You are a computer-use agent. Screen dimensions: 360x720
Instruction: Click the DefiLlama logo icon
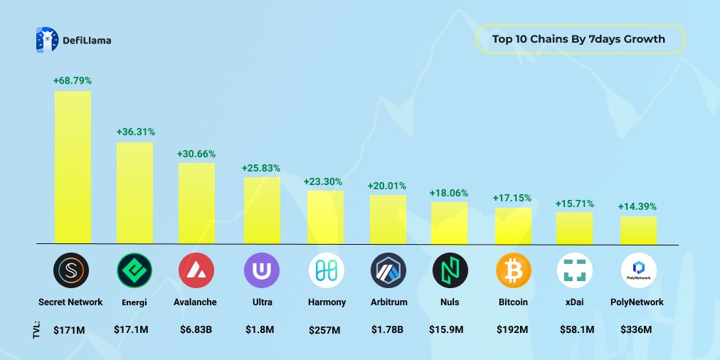click(46, 40)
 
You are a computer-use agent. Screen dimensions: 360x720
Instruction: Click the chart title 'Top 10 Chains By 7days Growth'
click(578, 39)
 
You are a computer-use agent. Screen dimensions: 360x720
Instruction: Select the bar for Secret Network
click(73, 166)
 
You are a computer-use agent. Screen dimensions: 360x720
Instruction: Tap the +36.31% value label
click(135, 132)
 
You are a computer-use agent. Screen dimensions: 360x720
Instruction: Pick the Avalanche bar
click(196, 203)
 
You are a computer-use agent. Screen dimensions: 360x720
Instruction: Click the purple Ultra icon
click(262, 270)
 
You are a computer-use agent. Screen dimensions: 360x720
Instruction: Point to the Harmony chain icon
click(326, 270)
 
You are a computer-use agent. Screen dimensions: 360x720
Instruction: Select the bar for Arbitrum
click(388, 218)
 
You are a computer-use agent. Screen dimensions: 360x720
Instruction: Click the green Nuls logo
click(450, 270)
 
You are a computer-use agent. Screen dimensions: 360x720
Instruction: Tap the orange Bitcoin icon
click(513, 270)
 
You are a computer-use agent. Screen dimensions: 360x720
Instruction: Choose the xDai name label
click(575, 302)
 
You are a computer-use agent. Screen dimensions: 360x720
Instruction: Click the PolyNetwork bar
click(638, 229)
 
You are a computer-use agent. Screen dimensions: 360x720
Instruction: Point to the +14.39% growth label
click(637, 206)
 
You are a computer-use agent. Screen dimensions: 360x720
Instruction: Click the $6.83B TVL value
click(195, 329)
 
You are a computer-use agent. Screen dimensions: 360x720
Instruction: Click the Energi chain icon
click(134, 270)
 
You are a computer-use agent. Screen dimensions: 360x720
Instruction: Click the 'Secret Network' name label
click(71, 302)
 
